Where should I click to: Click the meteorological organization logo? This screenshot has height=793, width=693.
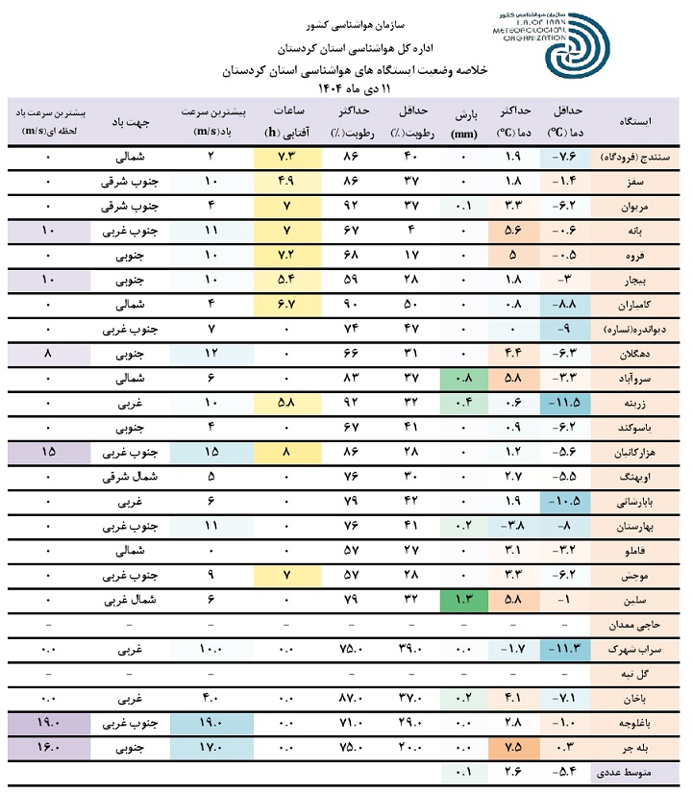click(576, 46)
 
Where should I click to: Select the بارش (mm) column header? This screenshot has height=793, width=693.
click(462, 122)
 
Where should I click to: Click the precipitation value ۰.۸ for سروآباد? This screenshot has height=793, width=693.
click(462, 377)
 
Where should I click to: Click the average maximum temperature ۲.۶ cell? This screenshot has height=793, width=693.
click(512, 771)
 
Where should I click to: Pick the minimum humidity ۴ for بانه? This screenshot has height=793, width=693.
click(410, 230)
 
